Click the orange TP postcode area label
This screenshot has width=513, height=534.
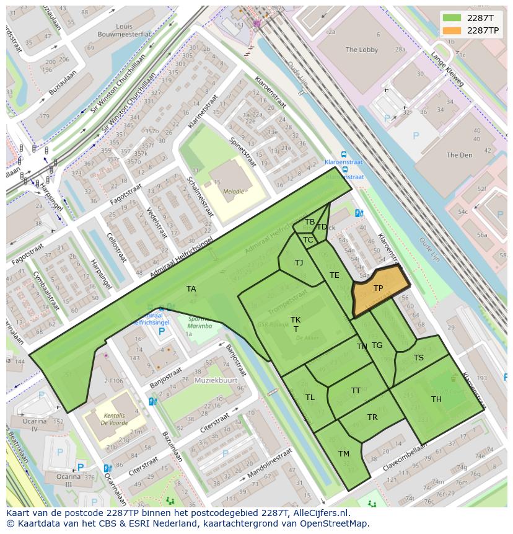(x=378, y=288)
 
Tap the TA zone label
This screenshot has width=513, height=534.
(x=191, y=289)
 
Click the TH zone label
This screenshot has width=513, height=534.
(x=436, y=399)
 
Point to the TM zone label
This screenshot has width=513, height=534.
(x=344, y=454)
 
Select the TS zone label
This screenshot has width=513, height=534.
(x=419, y=358)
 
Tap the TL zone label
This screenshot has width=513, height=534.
(x=310, y=398)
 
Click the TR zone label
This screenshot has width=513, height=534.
(x=372, y=417)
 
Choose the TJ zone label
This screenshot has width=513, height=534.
(x=299, y=263)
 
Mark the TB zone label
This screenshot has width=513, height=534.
(x=310, y=222)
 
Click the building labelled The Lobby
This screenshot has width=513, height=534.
(x=362, y=50)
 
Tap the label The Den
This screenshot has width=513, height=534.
(x=459, y=155)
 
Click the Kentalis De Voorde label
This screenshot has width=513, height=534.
(x=115, y=420)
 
